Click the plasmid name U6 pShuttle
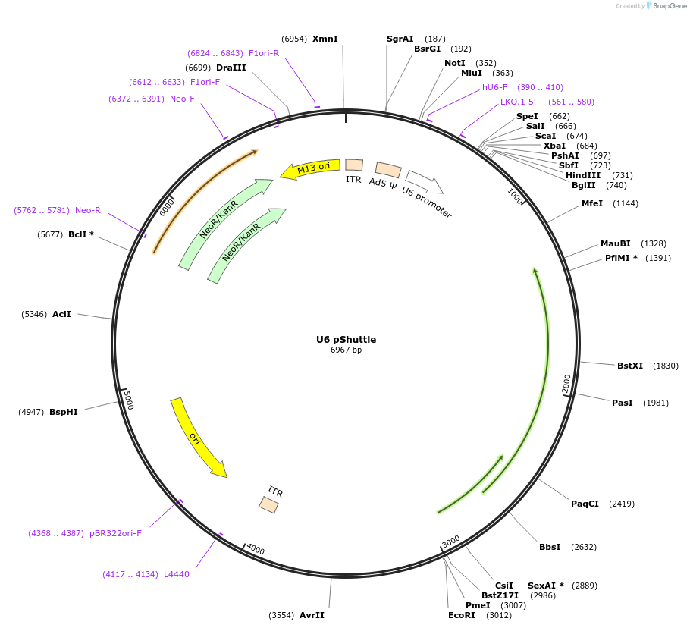[x=346, y=339]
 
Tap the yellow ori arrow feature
[x=196, y=438]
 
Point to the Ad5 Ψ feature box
[x=388, y=170]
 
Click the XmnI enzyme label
[x=325, y=39]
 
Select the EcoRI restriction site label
[x=461, y=615]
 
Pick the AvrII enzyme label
[x=312, y=615]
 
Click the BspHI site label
[x=64, y=412]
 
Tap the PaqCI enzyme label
[x=585, y=504]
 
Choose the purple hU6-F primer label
[x=495, y=87]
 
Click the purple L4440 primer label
[x=177, y=574]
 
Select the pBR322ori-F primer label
[x=115, y=533]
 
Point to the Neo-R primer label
[x=88, y=210]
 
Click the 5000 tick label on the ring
[x=128, y=400]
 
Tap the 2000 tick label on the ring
[x=566, y=384]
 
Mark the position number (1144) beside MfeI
[x=626, y=203]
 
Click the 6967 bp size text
[x=346, y=350]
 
